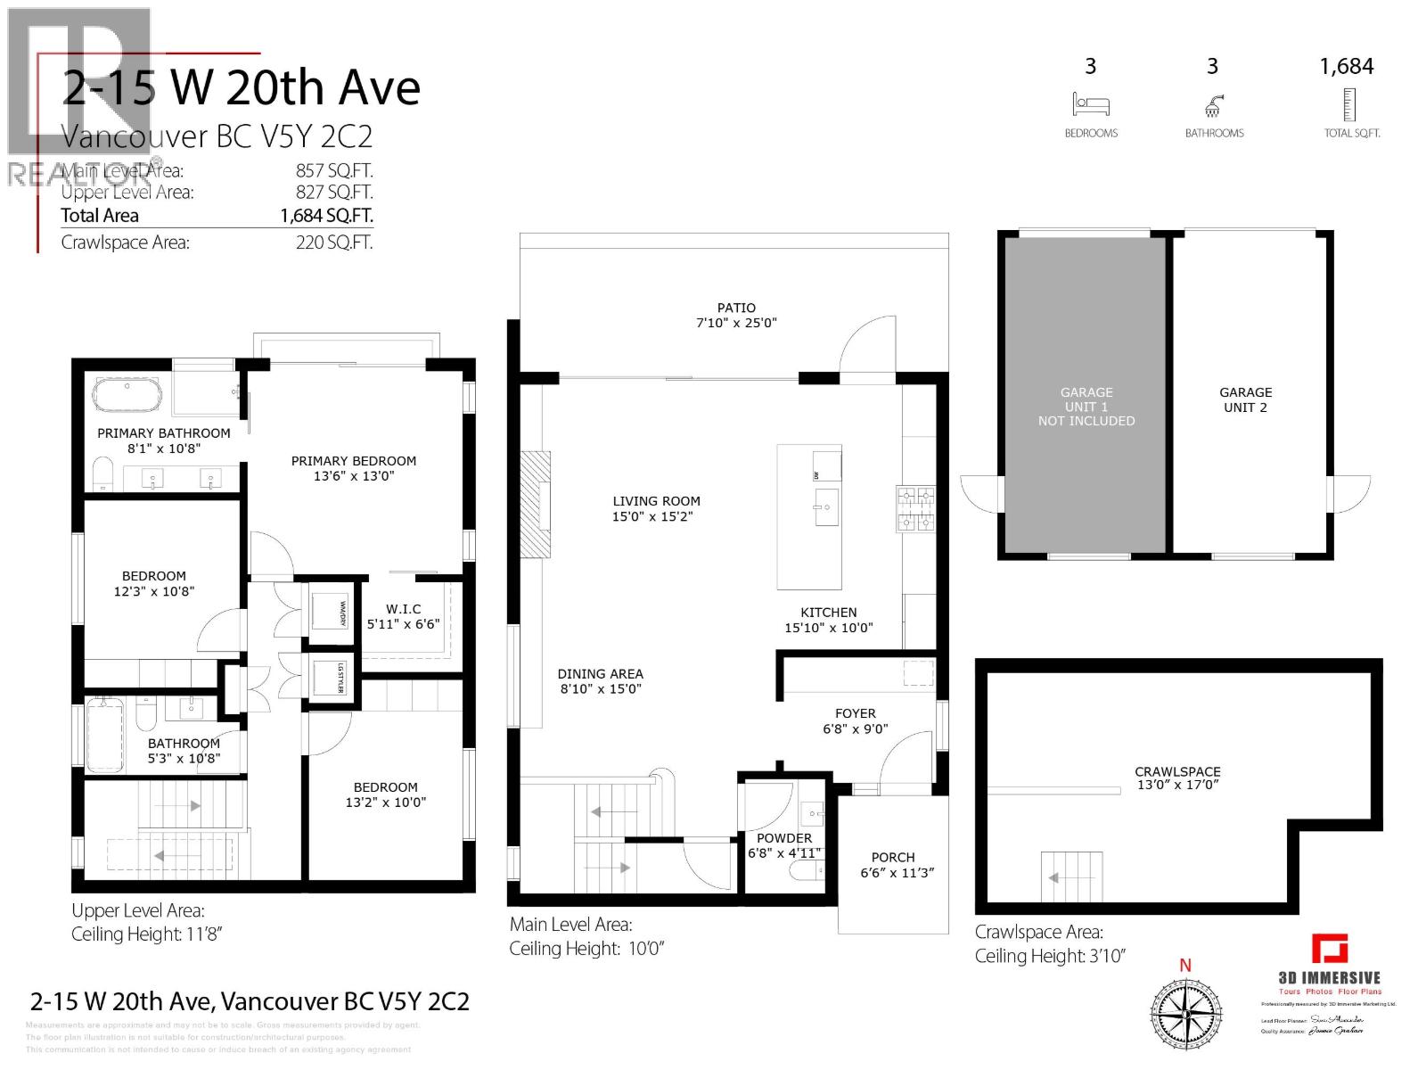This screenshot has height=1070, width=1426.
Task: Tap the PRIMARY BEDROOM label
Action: [354, 461]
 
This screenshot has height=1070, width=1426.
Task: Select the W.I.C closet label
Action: [403, 609]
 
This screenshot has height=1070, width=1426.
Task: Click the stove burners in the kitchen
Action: [916, 509]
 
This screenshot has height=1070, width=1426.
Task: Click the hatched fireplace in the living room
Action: [536, 505]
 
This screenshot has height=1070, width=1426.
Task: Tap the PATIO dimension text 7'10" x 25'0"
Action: [736, 323]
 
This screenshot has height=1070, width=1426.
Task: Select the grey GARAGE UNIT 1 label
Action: [1086, 406]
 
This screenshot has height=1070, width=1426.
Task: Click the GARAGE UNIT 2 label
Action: [1245, 399]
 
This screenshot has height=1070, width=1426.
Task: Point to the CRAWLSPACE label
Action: [1177, 771]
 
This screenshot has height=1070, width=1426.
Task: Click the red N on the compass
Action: [1185, 965]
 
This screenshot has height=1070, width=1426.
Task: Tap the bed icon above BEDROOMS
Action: [1091, 104]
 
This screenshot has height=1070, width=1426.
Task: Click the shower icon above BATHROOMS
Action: [1213, 108]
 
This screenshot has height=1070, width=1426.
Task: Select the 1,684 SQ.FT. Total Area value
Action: [326, 215]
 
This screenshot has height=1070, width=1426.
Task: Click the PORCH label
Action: [893, 857]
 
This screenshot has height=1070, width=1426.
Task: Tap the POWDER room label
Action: [783, 838]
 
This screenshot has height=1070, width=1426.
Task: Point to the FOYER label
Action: [855, 713]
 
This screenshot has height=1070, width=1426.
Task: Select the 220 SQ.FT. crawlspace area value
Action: [334, 243]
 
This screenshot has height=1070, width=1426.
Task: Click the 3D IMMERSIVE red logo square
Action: [1329, 948]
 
